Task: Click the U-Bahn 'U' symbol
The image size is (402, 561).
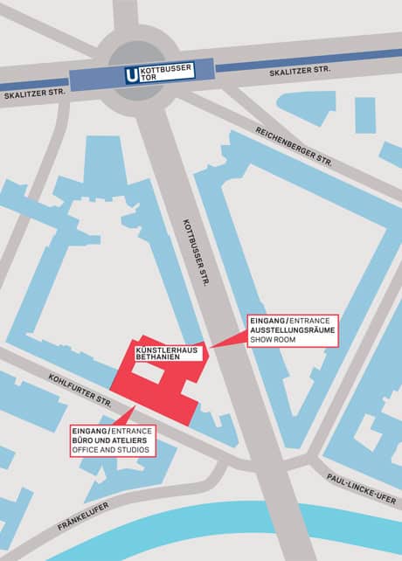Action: tap(132, 75)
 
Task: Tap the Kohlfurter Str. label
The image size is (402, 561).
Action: tap(80, 390)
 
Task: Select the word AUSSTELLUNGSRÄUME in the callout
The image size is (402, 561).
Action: tap(292, 330)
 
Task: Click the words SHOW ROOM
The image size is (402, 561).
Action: tap(273, 340)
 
